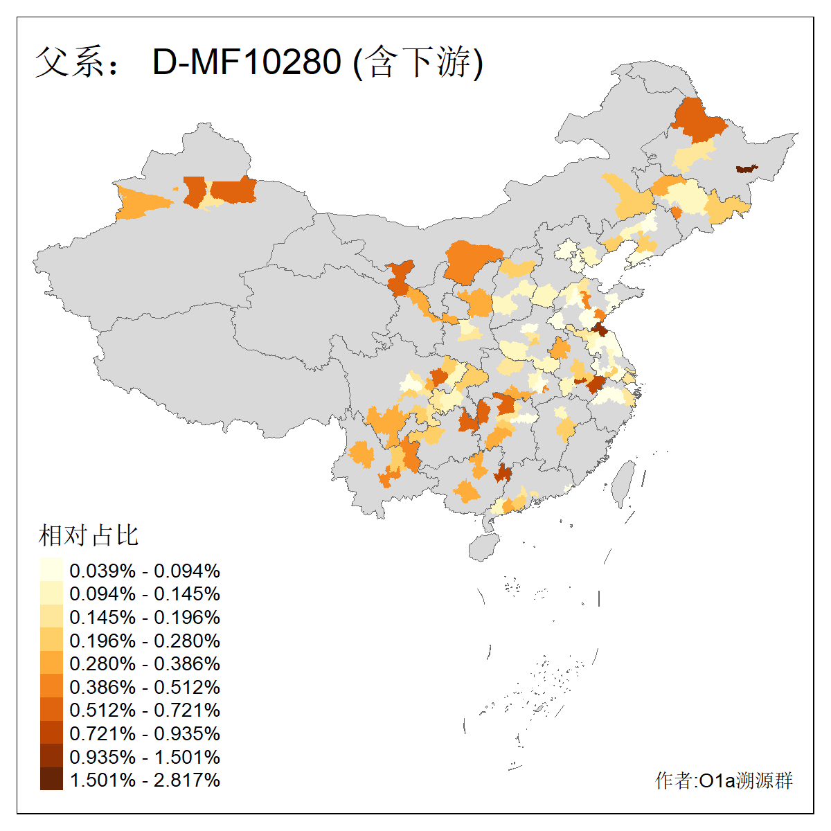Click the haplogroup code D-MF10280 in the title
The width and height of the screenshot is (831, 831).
click(x=247, y=62)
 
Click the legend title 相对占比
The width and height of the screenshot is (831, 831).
click(x=89, y=535)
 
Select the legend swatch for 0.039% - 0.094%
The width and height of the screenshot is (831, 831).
click(x=51, y=570)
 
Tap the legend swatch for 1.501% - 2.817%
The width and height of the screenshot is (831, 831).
click(x=51, y=779)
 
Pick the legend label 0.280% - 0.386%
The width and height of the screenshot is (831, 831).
click(x=145, y=663)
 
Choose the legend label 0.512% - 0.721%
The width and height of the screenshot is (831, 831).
click(x=145, y=710)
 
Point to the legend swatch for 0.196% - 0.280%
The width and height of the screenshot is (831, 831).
click(x=51, y=640)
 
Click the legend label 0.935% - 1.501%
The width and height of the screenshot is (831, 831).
click(x=145, y=757)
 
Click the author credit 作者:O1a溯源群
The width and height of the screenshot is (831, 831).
click(x=724, y=780)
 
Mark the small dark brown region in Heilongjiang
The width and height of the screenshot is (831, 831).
click(x=746, y=168)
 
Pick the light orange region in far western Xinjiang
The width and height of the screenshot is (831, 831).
click(x=142, y=203)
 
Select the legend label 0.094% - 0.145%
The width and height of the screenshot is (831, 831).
click(x=145, y=593)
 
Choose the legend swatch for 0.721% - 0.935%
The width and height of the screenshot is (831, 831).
click(x=51, y=733)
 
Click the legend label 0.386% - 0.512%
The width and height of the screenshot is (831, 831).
click(x=145, y=687)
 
